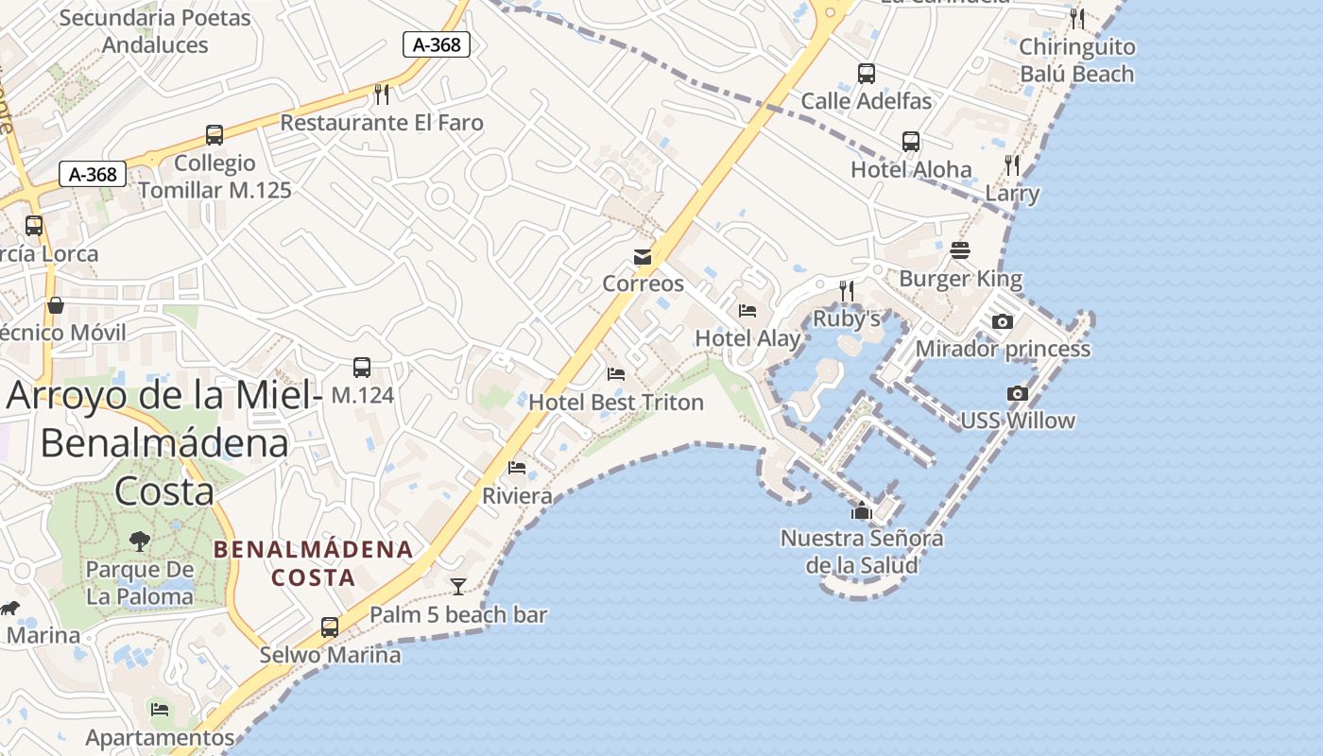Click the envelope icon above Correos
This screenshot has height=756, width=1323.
[x=643, y=257]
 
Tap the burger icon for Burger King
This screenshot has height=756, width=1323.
[x=960, y=250]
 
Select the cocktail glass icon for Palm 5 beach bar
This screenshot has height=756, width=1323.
[x=458, y=587]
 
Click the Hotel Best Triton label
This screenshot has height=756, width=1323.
[x=615, y=403]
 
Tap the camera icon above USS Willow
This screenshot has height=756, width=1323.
[x=1018, y=393]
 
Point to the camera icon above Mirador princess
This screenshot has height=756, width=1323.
[x=1003, y=321]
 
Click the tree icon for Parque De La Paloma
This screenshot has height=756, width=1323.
[x=140, y=541]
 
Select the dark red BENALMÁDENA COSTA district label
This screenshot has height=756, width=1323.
[x=313, y=563]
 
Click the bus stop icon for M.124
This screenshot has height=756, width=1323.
[x=362, y=368]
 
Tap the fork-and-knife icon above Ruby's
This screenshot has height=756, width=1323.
[x=847, y=290]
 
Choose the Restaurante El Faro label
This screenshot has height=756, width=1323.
[x=382, y=123]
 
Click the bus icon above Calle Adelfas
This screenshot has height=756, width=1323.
[x=867, y=73]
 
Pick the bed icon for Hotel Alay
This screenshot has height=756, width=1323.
[x=747, y=310]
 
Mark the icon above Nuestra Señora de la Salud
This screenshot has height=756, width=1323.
[x=861, y=511]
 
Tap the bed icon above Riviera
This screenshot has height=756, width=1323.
[x=517, y=468]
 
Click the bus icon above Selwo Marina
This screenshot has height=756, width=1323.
[x=330, y=627]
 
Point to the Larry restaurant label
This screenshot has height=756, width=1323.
[x=1012, y=195]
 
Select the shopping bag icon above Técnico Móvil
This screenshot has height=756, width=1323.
[x=56, y=305]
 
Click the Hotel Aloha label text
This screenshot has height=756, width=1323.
[x=911, y=170]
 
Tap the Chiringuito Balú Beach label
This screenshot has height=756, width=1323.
[x=1076, y=60]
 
